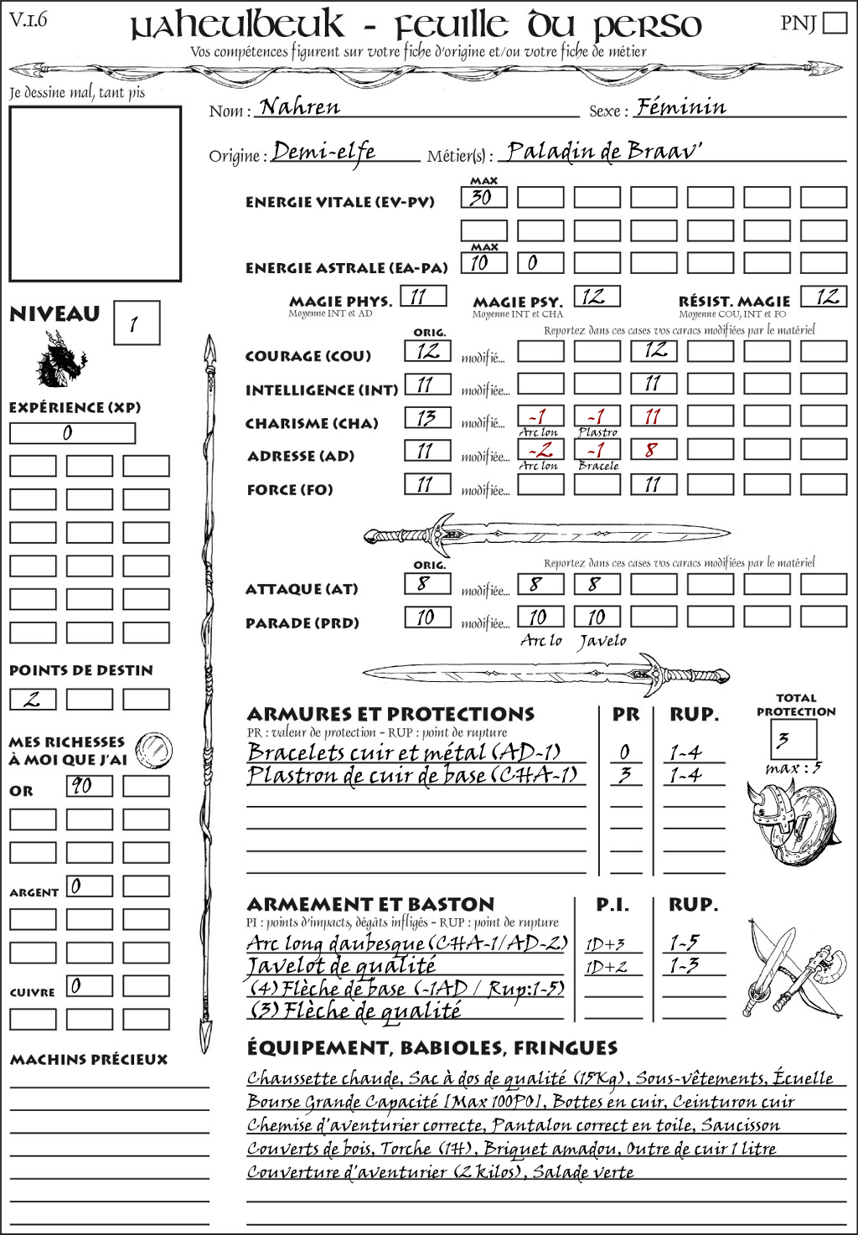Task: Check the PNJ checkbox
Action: click(835, 23)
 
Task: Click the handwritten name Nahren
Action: click(300, 107)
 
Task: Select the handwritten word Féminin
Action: click(680, 107)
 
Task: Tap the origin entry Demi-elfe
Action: click(323, 152)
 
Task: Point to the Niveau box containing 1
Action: click(136, 323)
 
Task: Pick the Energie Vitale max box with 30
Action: click(483, 198)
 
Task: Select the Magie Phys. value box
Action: click(423, 297)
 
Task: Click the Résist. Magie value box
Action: click(823, 297)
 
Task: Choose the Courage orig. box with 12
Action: click(427, 351)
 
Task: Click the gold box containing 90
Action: click(89, 786)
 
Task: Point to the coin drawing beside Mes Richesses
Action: click(154, 749)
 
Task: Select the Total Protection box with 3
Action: click(793, 739)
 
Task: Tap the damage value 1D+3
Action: click(605, 944)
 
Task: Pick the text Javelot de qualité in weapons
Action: click(341, 966)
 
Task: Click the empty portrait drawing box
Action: click(96, 194)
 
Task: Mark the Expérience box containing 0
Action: click(72, 433)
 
